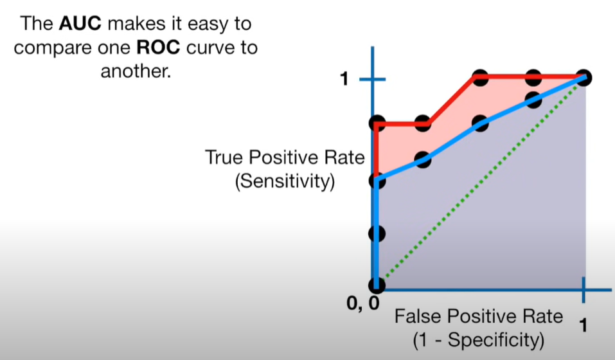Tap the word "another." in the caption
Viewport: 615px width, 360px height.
[136, 71]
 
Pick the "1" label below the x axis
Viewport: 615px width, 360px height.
[584, 326]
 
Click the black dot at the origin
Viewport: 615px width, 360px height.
[377, 283]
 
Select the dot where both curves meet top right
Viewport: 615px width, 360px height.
[584, 78]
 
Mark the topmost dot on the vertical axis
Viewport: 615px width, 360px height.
[377, 123]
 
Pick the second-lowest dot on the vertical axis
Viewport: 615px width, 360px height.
[377, 233]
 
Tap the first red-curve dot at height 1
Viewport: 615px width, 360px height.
[479, 78]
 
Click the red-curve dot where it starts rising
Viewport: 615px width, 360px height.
[422, 123]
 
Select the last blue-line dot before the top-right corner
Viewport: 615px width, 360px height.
[532, 100]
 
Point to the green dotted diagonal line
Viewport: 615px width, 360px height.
[482, 180]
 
